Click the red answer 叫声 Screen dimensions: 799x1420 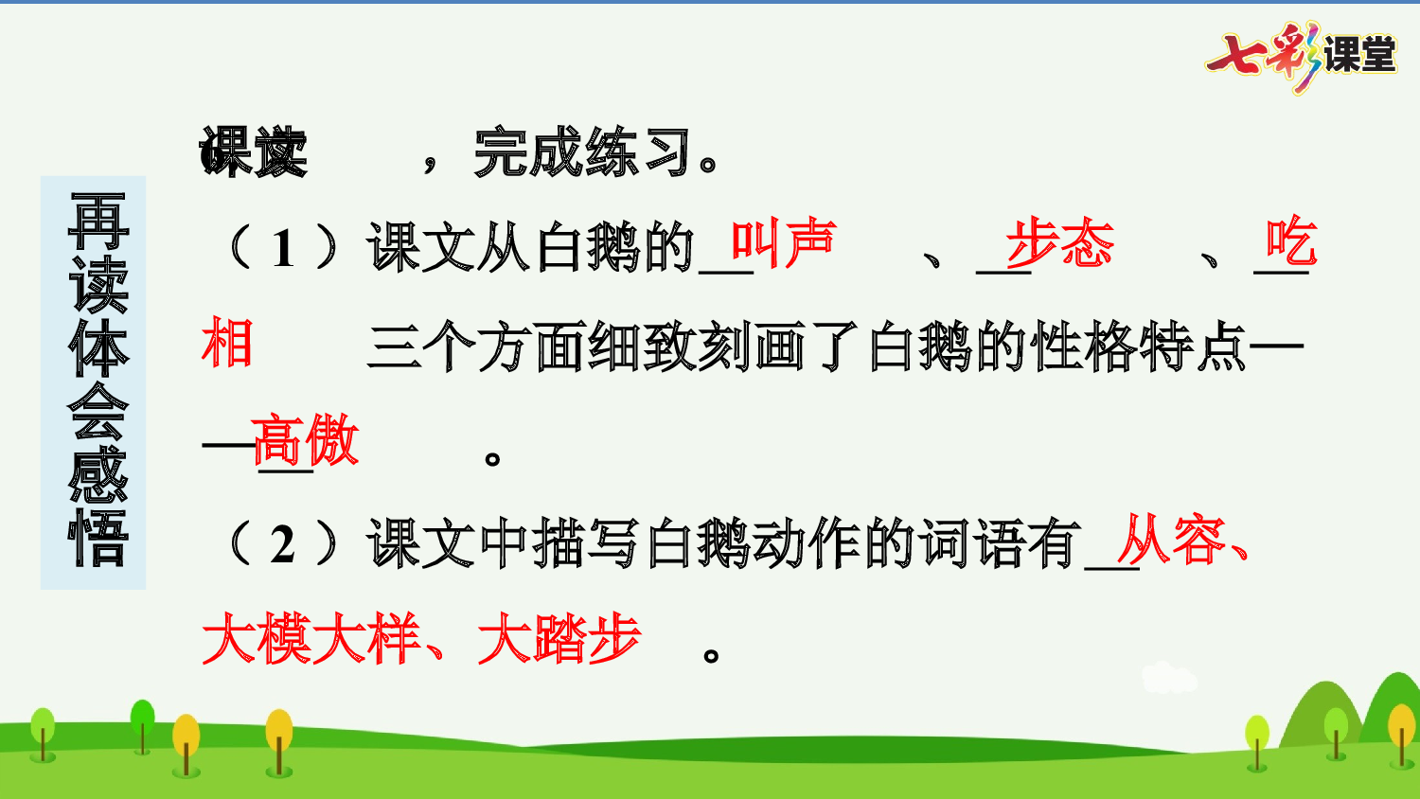784,244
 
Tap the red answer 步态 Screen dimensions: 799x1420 1060,244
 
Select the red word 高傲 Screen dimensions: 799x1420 306,440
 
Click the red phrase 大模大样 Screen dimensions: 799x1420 311,639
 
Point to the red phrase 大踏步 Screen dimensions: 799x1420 559,639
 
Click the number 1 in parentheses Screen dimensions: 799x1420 283,249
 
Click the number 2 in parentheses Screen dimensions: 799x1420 283,544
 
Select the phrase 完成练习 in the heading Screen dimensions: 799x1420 582,152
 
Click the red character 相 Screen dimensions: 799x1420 227,343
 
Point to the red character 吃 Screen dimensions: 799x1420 1291,242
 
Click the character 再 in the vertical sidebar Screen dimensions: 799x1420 98,221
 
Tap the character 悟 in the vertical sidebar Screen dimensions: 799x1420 98,539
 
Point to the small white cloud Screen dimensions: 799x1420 1168,678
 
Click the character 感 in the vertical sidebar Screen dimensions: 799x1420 98,475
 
